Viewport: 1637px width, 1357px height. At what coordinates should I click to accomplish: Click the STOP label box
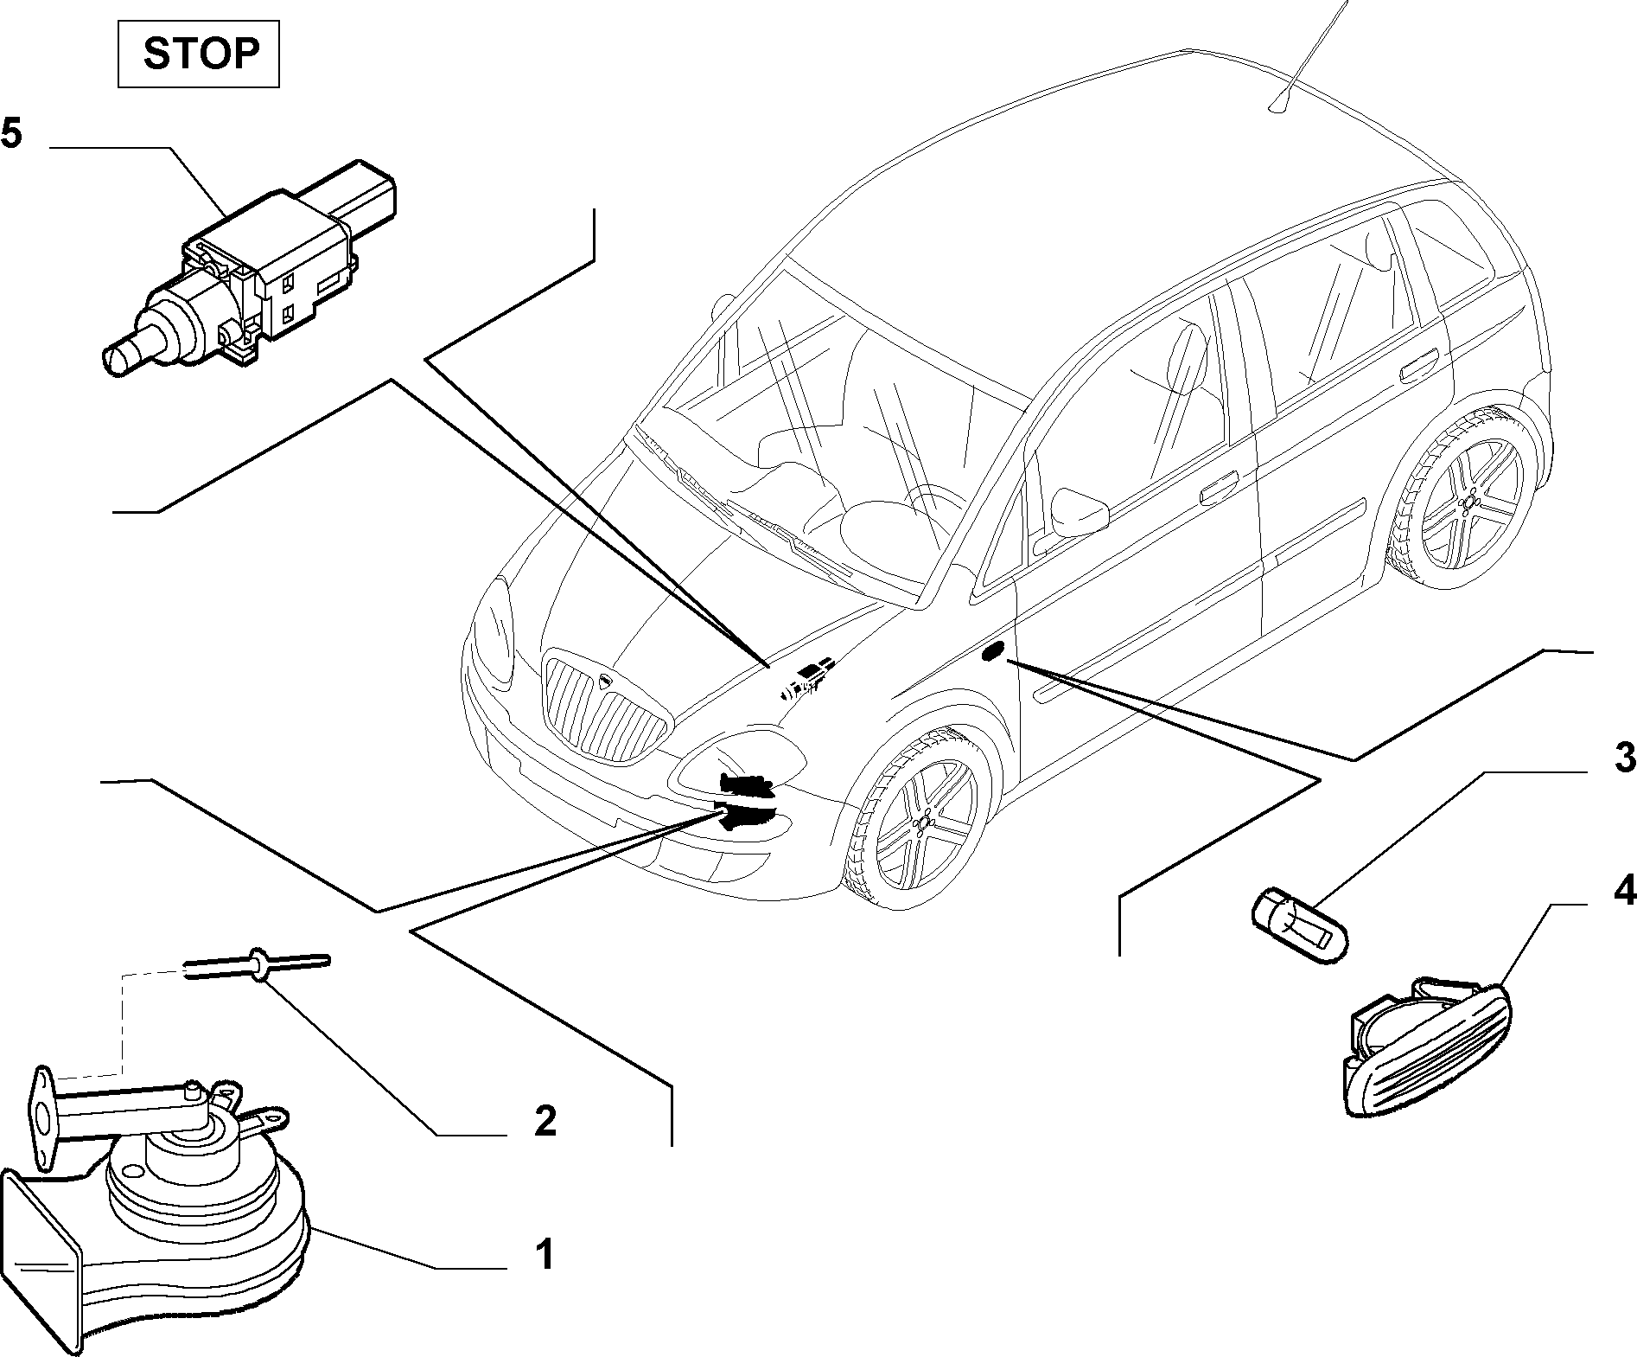click(199, 54)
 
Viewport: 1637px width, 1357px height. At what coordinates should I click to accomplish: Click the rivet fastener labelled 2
click(257, 962)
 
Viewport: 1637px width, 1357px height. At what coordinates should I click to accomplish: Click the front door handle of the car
click(1218, 490)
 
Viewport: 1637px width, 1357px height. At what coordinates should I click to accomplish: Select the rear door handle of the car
click(1418, 368)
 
